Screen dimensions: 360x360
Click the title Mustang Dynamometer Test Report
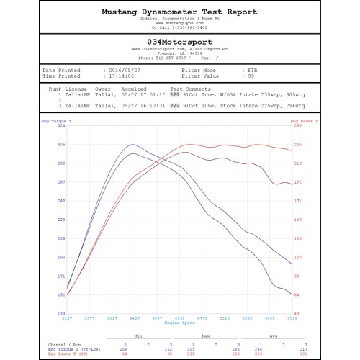pyautogui.click(x=179, y=12)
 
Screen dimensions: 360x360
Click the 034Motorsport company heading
pyautogui.click(x=180, y=43)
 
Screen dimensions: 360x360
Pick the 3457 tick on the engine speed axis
pyautogui.click(x=134, y=318)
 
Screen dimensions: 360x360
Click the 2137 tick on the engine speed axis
pyautogui.click(x=68, y=318)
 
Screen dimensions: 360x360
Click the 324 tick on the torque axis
pyautogui.click(x=62, y=125)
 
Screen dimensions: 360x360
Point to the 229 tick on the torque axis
pyautogui.click(x=62, y=219)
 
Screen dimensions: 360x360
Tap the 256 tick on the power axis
pyautogui.click(x=299, y=125)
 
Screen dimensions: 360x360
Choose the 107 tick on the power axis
pyautogui.click(x=299, y=257)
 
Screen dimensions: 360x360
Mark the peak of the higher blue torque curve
pyautogui.click(x=131, y=144)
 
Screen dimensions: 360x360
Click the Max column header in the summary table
pyautogui.click(x=207, y=335)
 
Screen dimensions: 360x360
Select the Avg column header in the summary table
pyautogui.click(x=273, y=335)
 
